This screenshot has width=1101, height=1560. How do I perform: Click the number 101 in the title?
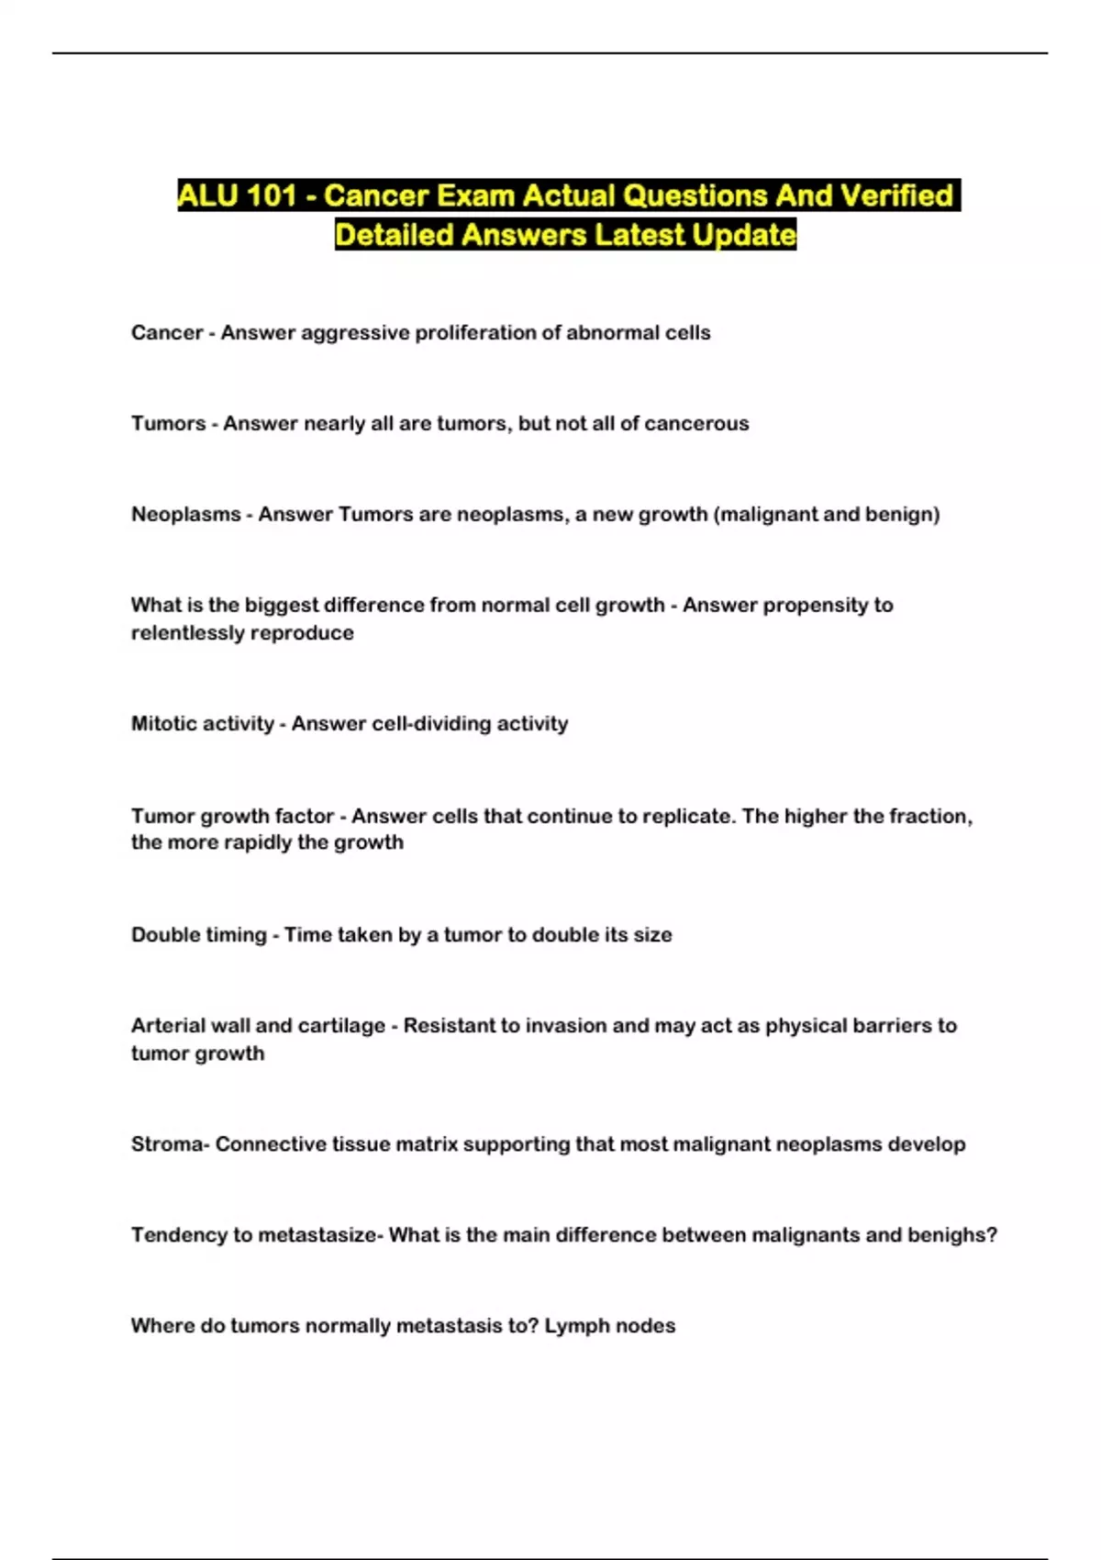(272, 195)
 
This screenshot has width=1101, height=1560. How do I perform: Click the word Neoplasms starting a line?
(185, 515)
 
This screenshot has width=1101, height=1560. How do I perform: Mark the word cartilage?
(341, 1026)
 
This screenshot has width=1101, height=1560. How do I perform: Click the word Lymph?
(574, 1326)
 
